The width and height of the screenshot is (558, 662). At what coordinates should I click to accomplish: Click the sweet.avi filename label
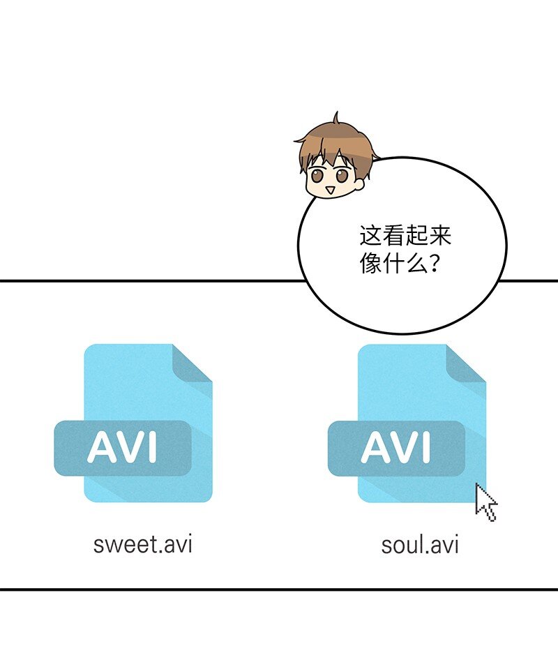(x=143, y=545)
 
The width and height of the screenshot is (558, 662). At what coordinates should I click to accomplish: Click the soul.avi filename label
(x=420, y=545)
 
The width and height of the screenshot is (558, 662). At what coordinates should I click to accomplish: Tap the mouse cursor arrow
(x=485, y=502)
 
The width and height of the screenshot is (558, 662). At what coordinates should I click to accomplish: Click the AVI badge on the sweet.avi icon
(x=123, y=448)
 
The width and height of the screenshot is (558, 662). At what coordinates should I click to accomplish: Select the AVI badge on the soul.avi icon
(x=397, y=448)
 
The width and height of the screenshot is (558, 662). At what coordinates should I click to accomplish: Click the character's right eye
(x=342, y=175)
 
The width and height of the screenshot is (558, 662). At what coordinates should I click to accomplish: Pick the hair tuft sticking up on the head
(x=336, y=118)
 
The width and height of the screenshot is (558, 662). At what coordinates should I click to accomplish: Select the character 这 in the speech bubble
(x=370, y=236)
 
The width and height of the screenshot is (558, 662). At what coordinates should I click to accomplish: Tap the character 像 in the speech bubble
(x=370, y=264)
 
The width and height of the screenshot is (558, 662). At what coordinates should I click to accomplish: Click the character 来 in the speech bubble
(x=440, y=236)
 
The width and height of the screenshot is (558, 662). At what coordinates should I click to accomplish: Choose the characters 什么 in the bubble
(x=405, y=264)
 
